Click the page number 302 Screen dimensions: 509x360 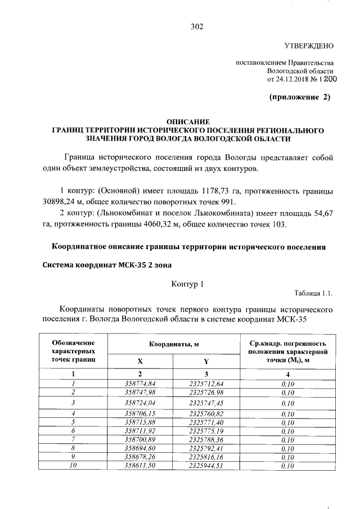point(196,26)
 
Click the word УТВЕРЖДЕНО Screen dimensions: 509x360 point(308,46)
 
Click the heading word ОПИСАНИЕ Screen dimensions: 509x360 point(188,121)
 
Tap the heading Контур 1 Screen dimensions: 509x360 point(187,285)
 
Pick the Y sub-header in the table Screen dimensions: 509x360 point(206,362)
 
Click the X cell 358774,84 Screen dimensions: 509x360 point(140,384)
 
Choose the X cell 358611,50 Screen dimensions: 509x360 point(140,466)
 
